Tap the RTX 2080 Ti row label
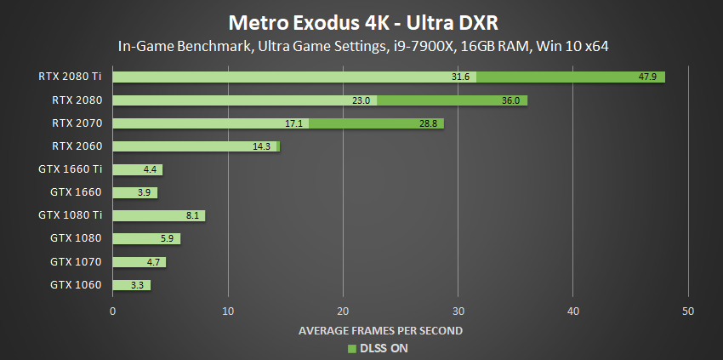pos(72,77)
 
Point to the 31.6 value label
pos(462,77)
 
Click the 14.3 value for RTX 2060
pos(262,146)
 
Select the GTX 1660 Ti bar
pos(137,169)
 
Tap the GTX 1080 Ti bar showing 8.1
pos(158,215)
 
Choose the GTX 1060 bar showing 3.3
pos(131,285)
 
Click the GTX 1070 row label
pos(76,262)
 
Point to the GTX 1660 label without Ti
pos(76,192)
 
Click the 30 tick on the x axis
pos(458,311)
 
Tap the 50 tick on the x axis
pos(688,311)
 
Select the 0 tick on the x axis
pos(113,311)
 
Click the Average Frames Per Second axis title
pos(380,329)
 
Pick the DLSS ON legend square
pos(350,347)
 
